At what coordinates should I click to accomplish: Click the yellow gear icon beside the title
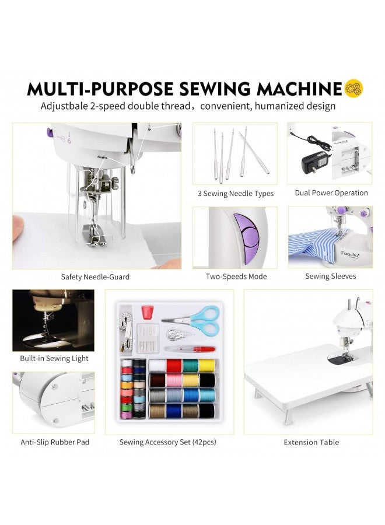(354, 88)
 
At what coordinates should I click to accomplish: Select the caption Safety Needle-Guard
(95, 277)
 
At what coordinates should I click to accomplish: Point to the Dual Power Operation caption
(331, 193)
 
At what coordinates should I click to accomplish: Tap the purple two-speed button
(245, 236)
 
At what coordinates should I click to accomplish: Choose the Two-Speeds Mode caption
(236, 276)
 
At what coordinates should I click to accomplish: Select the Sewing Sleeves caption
(330, 276)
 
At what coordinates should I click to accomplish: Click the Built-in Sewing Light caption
(54, 358)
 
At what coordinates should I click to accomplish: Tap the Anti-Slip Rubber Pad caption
(55, 442)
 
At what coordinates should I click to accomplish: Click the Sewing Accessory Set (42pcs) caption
(168, 442)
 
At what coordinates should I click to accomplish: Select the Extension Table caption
(311, 442)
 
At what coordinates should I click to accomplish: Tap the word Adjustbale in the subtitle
(64, 106)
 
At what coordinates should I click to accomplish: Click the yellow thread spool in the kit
(206, 366)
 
